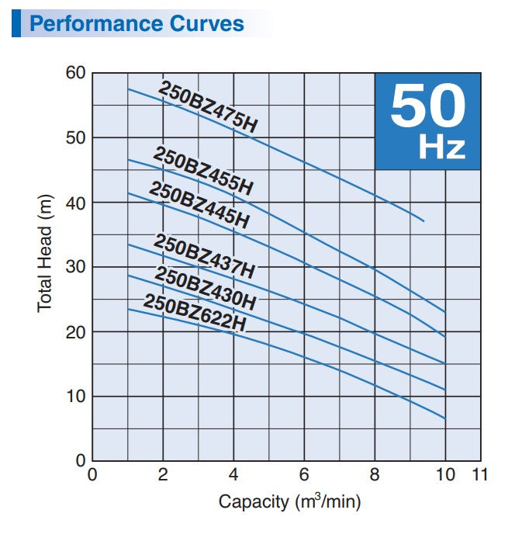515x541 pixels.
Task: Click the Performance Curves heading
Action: [x=137, y=23]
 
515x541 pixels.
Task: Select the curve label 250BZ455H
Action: [x=203, y=170]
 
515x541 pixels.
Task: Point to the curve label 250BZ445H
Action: [x=199, y=205]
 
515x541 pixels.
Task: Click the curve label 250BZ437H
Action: [x=204, y=256]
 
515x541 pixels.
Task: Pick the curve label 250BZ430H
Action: [x=205, y=287]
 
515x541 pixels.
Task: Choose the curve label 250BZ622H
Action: [x=195, y=313]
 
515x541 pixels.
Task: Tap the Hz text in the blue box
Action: [x=442, y=147]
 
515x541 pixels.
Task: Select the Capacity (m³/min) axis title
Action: [x=289, y=501]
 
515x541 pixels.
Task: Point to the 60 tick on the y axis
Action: [x=75, y=73]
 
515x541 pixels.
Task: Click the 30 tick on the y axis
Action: [x=75, y=267]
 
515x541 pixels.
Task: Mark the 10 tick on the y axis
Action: [x=75, y=397]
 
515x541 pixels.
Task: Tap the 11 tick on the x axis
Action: [x=480, y=475]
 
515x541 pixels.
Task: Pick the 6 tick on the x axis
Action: [x=305, y=475]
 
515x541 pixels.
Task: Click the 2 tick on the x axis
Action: [x=163, y=475]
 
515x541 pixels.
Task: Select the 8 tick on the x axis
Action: [x=375, y=475]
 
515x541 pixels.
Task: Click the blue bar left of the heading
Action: [x=16, y=23]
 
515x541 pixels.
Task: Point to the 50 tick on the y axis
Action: [x=75, y=138]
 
